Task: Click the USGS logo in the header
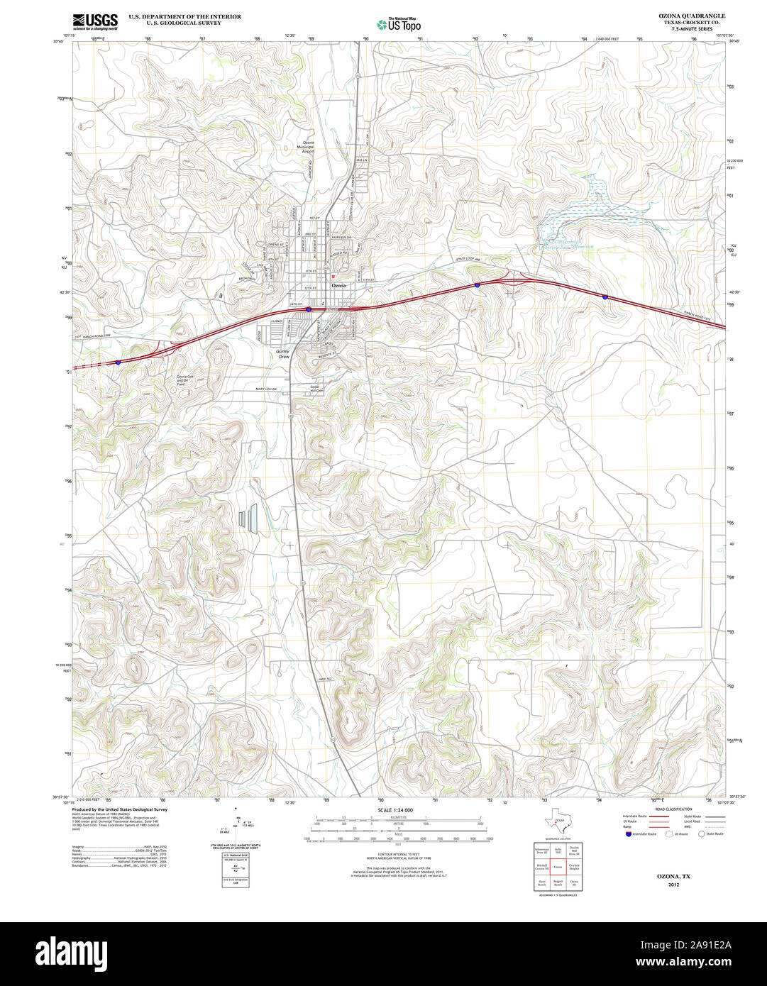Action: pyautogui.click(x=96, y=20)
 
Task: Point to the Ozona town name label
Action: pyautogui.click(x=339, y=285)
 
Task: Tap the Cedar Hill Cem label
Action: pyautogui.click(x=316, y=389)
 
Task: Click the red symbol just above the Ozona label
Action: pyautogui.click(x=333, y=277)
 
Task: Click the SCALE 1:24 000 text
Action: pyautogui.click(x=395, y=810)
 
